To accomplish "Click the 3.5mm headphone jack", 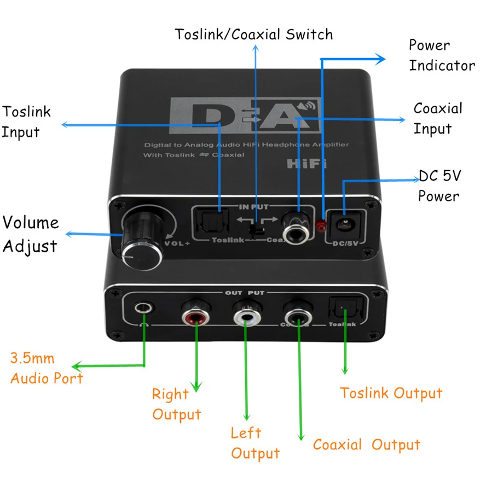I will [x=142, y=309].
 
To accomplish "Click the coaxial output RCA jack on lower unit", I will [x=297, y=316].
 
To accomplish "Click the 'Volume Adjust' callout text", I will [x=30, y=234].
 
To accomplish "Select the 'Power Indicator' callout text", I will [x=441, y=55].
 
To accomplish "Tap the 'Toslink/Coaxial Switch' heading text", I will [x=253, y=34].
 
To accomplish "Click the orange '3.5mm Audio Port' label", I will [x=46, y=368].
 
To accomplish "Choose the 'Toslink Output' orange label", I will [x=391, y=393].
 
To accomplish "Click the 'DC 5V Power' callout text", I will [x=439, y=186].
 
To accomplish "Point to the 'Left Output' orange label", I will [x=254, y=443].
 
